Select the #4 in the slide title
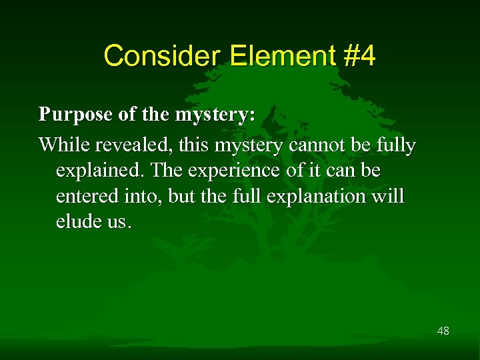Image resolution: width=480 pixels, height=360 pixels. [x=360, y=56]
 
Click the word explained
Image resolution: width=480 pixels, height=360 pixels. [x=101, y=171]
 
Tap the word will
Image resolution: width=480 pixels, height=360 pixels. [x=390, y=197]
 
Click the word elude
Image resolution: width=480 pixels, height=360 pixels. [x=77, y=222]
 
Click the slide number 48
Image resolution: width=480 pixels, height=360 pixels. [x=443, y=330]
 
